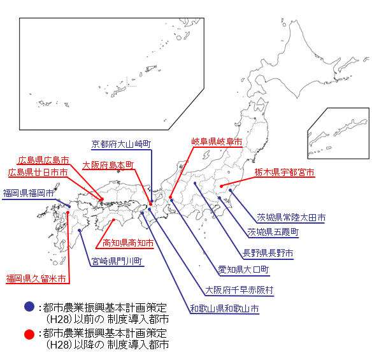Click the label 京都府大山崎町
click(x=121, y=144)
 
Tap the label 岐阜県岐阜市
click(x=217, y=141)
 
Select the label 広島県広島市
click(x=44, y=160)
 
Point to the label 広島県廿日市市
click(x=38, y=172)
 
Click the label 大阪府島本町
click(x=108, y=165)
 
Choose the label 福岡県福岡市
click(x=28, y=193)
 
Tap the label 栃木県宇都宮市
click(x=285, y=172)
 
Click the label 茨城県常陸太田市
click(x=291, y=218)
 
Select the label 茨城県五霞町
click(x=273, y=232)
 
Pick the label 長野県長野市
click(x=268, y=253)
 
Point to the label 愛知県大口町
click(x=244, y=270)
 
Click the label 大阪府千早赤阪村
click(x=240, y=290)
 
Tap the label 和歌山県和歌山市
click(x=224, y=308)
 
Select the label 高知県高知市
click(x=128, y=243)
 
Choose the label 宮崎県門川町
click(x=117, y=261)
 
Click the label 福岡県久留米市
click(x=36, y=278)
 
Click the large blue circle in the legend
click(x=29, y=306)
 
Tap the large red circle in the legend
click(x=29, y=334)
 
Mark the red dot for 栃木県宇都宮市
click(x=221, y=187)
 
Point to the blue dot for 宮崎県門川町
click(x=80, y=230)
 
